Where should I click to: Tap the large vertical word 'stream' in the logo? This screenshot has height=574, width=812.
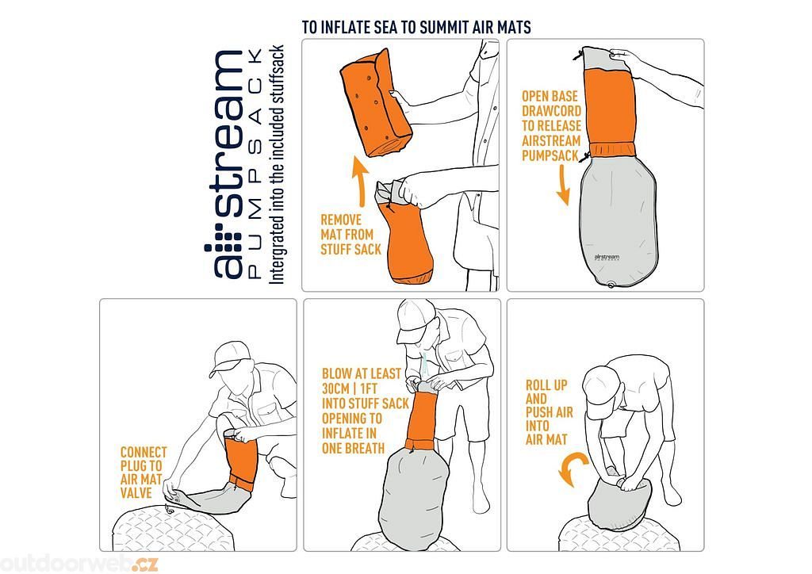(228, 133)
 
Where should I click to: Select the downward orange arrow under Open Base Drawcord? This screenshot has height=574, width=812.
(564, 186)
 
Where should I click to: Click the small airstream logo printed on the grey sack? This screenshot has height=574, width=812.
(607, 257)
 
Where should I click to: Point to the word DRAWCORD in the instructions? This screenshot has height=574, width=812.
(551, 111)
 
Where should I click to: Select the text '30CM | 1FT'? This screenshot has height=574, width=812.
(350, 388)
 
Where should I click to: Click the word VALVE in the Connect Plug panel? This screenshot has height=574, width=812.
(136, 493)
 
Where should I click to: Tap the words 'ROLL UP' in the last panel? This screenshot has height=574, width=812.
(546, 385)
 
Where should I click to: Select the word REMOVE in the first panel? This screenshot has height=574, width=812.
(341, 220)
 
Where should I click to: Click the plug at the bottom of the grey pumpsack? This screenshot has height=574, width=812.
(612, 284)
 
